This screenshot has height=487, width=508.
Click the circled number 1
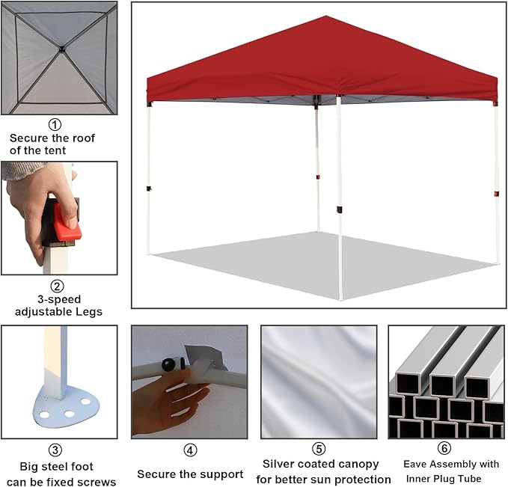55,124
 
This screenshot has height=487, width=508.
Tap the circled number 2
58,286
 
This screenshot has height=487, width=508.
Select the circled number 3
55,450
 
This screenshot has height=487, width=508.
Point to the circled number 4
190,450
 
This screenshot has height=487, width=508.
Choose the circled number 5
319,449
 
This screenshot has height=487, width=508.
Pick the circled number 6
444,448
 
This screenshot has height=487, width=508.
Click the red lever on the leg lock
67,221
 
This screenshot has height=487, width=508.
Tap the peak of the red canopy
326,16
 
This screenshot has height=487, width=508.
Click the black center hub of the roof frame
61,49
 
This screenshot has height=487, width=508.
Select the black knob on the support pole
170,364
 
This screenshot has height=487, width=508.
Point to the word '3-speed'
59,299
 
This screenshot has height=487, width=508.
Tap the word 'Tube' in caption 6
469,479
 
